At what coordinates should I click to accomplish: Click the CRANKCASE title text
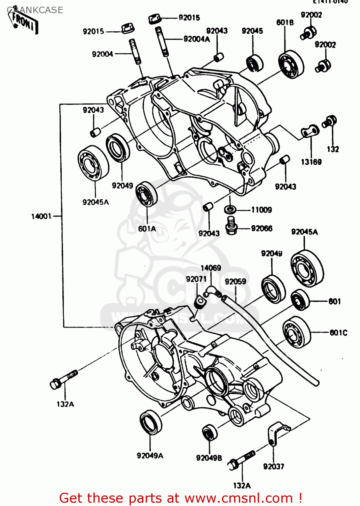[35, 10]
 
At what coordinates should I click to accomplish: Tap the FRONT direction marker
[25, 22]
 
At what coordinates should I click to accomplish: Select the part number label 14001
[41, 216]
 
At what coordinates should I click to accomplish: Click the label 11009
[261, 210]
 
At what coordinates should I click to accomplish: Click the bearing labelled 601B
[291, 65]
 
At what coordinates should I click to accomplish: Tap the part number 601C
[338, 333]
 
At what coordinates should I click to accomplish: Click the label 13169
[311, 162]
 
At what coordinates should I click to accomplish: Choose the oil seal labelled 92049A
[150, 422]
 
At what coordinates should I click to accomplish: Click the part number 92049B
[209, 458]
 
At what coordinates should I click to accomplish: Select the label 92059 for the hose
[235, 281]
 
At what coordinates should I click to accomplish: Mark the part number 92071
[196, 279]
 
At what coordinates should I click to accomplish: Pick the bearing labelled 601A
[147, 193]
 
